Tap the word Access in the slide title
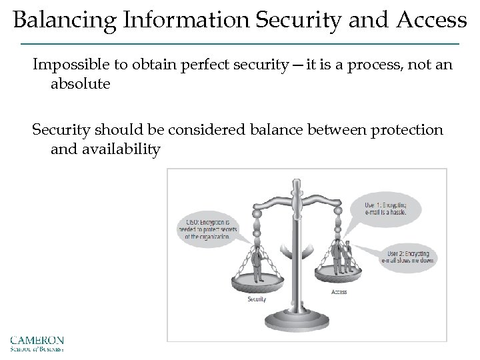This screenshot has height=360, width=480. pyautogui.click(x=433, y=21)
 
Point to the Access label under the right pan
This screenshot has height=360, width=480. pyautogui.click(x=339, y=292)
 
